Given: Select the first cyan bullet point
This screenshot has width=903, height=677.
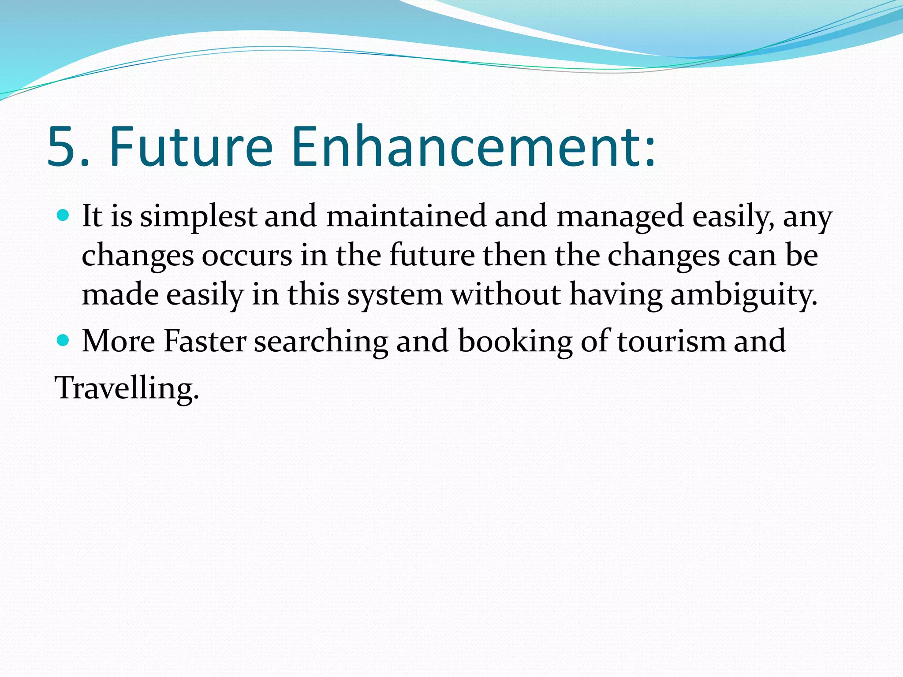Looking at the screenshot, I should click(63, 216).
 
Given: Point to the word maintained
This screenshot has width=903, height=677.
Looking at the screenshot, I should click(406, 216).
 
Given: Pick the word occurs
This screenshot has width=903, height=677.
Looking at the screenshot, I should click(247, 256).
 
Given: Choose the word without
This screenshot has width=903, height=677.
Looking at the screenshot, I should click(506, 294).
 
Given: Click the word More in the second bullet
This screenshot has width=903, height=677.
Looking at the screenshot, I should click(119, 341).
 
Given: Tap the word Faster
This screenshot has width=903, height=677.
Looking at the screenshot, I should click(205, 341).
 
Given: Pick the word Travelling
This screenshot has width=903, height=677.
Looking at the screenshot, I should click(126, 388).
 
